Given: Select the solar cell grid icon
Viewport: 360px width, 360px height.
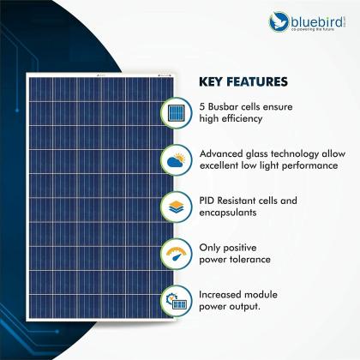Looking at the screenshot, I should (176, 113).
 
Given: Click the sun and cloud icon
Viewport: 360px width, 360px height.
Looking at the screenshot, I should (176, 159).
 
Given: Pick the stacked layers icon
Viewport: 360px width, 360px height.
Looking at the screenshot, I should (176, 207).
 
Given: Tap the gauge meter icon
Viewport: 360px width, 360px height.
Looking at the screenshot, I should (176, 254).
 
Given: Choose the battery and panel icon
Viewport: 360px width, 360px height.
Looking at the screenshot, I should (176, 300).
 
